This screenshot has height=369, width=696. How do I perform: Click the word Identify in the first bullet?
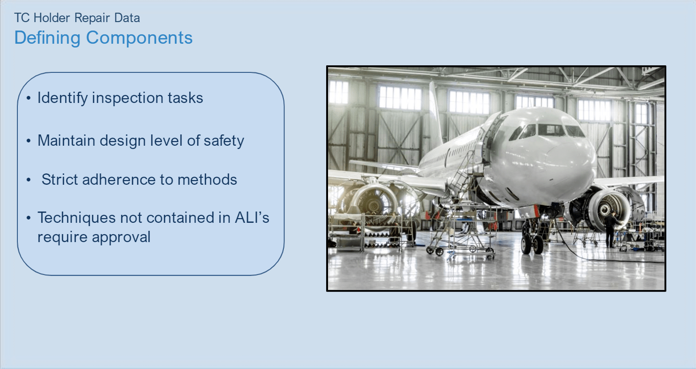[x=62, y=98]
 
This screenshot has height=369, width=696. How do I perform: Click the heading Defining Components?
[x=103, y=38]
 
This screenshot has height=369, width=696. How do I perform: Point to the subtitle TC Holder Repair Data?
[x=77, y=18]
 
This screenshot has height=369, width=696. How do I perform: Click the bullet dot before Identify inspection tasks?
[x=29, y=98]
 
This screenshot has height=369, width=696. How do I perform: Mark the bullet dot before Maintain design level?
[x=29, y=141]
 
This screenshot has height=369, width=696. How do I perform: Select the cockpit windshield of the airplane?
[x=547, y=130]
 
